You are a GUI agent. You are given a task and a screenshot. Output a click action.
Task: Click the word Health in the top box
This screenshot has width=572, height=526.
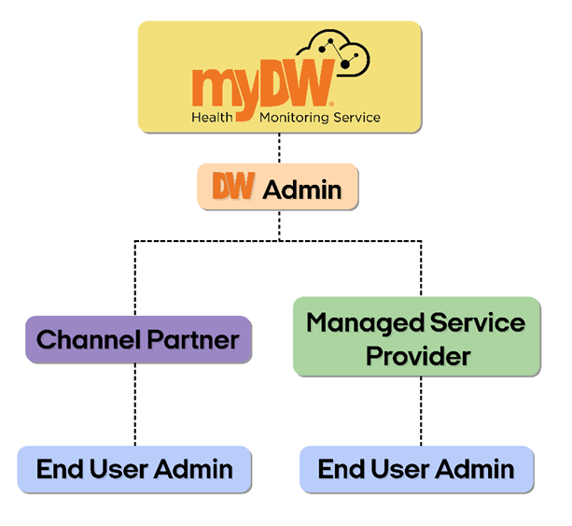[211, 118]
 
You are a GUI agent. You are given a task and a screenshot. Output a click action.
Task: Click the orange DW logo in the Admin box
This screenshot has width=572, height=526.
[233, 188]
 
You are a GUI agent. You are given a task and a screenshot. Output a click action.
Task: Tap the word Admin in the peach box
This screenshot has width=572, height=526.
[301, 190]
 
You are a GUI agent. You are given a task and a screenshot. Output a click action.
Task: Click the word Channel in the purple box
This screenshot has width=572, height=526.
[89, 339]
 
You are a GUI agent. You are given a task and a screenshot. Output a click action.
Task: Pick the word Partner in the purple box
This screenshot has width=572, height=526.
[191, 339]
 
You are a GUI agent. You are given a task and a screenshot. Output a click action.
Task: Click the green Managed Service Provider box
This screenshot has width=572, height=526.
[416, 337]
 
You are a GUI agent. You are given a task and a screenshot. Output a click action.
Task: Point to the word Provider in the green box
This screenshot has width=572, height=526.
[417, 355]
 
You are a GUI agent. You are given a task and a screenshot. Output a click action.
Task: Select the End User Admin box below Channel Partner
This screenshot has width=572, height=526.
[134, 469]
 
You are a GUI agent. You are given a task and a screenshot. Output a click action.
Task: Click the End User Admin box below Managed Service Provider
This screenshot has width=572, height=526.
[416, 469]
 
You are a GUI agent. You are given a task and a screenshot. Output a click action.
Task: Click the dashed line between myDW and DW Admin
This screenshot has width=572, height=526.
[279, 149]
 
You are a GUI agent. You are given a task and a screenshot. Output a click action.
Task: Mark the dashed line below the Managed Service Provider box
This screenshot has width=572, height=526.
[420, 411]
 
